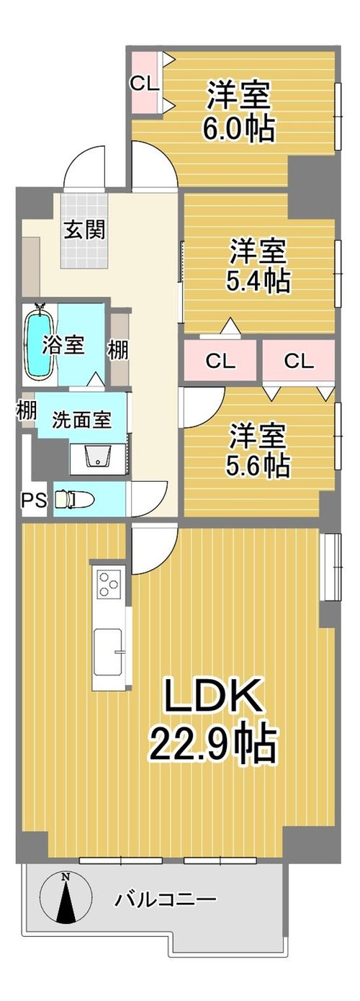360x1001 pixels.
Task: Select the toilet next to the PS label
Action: [x=73, y=499]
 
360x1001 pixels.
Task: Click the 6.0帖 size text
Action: [x=238, y=129]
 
